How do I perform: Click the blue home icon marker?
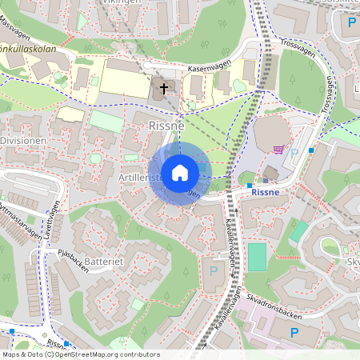(x=180, y=173)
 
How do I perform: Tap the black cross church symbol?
(x=164, y=88)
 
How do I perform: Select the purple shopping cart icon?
(x=278, y=149)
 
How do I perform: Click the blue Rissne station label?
(x=264, y=192)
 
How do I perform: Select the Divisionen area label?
(x=23, y=140)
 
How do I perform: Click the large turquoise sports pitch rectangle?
(x=257, y=257)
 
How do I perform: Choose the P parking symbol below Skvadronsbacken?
(x=293, y=332)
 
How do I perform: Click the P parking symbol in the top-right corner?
(x=352, y=22)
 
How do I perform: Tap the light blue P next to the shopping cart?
(x=294, y=152)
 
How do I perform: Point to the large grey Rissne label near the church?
(x=166, y=126)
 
